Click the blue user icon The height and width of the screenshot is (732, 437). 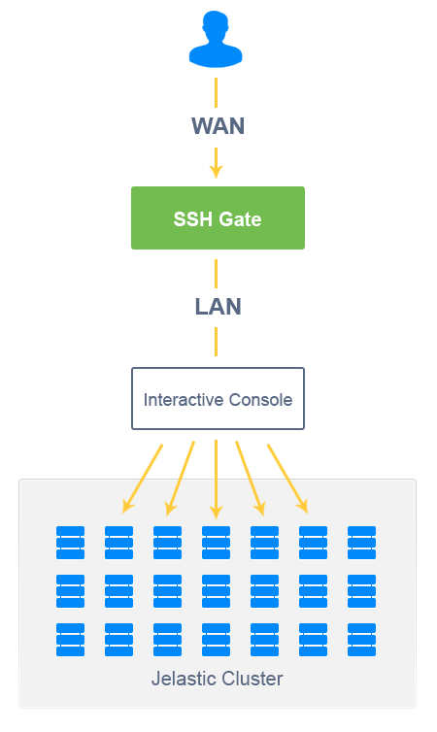[216, 39]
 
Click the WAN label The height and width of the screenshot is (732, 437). [218, 126]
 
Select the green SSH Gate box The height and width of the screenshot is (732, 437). [218, 218]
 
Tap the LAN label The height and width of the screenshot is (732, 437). [218, 307]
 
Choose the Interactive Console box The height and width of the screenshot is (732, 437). [218, 399]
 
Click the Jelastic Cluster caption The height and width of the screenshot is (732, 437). [218, 679]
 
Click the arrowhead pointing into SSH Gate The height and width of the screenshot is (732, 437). [216, 172]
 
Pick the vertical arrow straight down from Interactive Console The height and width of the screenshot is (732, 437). [216, 480]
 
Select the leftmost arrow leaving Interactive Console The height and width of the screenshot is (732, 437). [143, 479]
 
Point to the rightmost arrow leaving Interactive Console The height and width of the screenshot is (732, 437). [287, 479]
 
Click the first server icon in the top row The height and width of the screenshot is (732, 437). [71, 543]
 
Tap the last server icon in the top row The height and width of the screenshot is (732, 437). [362, 543]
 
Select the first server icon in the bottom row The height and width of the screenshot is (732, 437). [71, 640]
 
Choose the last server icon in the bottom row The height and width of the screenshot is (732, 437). [362, 640]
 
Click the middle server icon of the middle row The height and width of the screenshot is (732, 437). [217, 591]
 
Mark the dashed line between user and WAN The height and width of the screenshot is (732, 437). [216, 92]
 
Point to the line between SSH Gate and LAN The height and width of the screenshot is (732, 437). [216, 274]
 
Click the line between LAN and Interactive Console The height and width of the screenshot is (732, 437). [216, 342]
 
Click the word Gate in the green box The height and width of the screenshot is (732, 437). [240, 219]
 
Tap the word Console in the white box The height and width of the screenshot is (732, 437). [260, 400]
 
